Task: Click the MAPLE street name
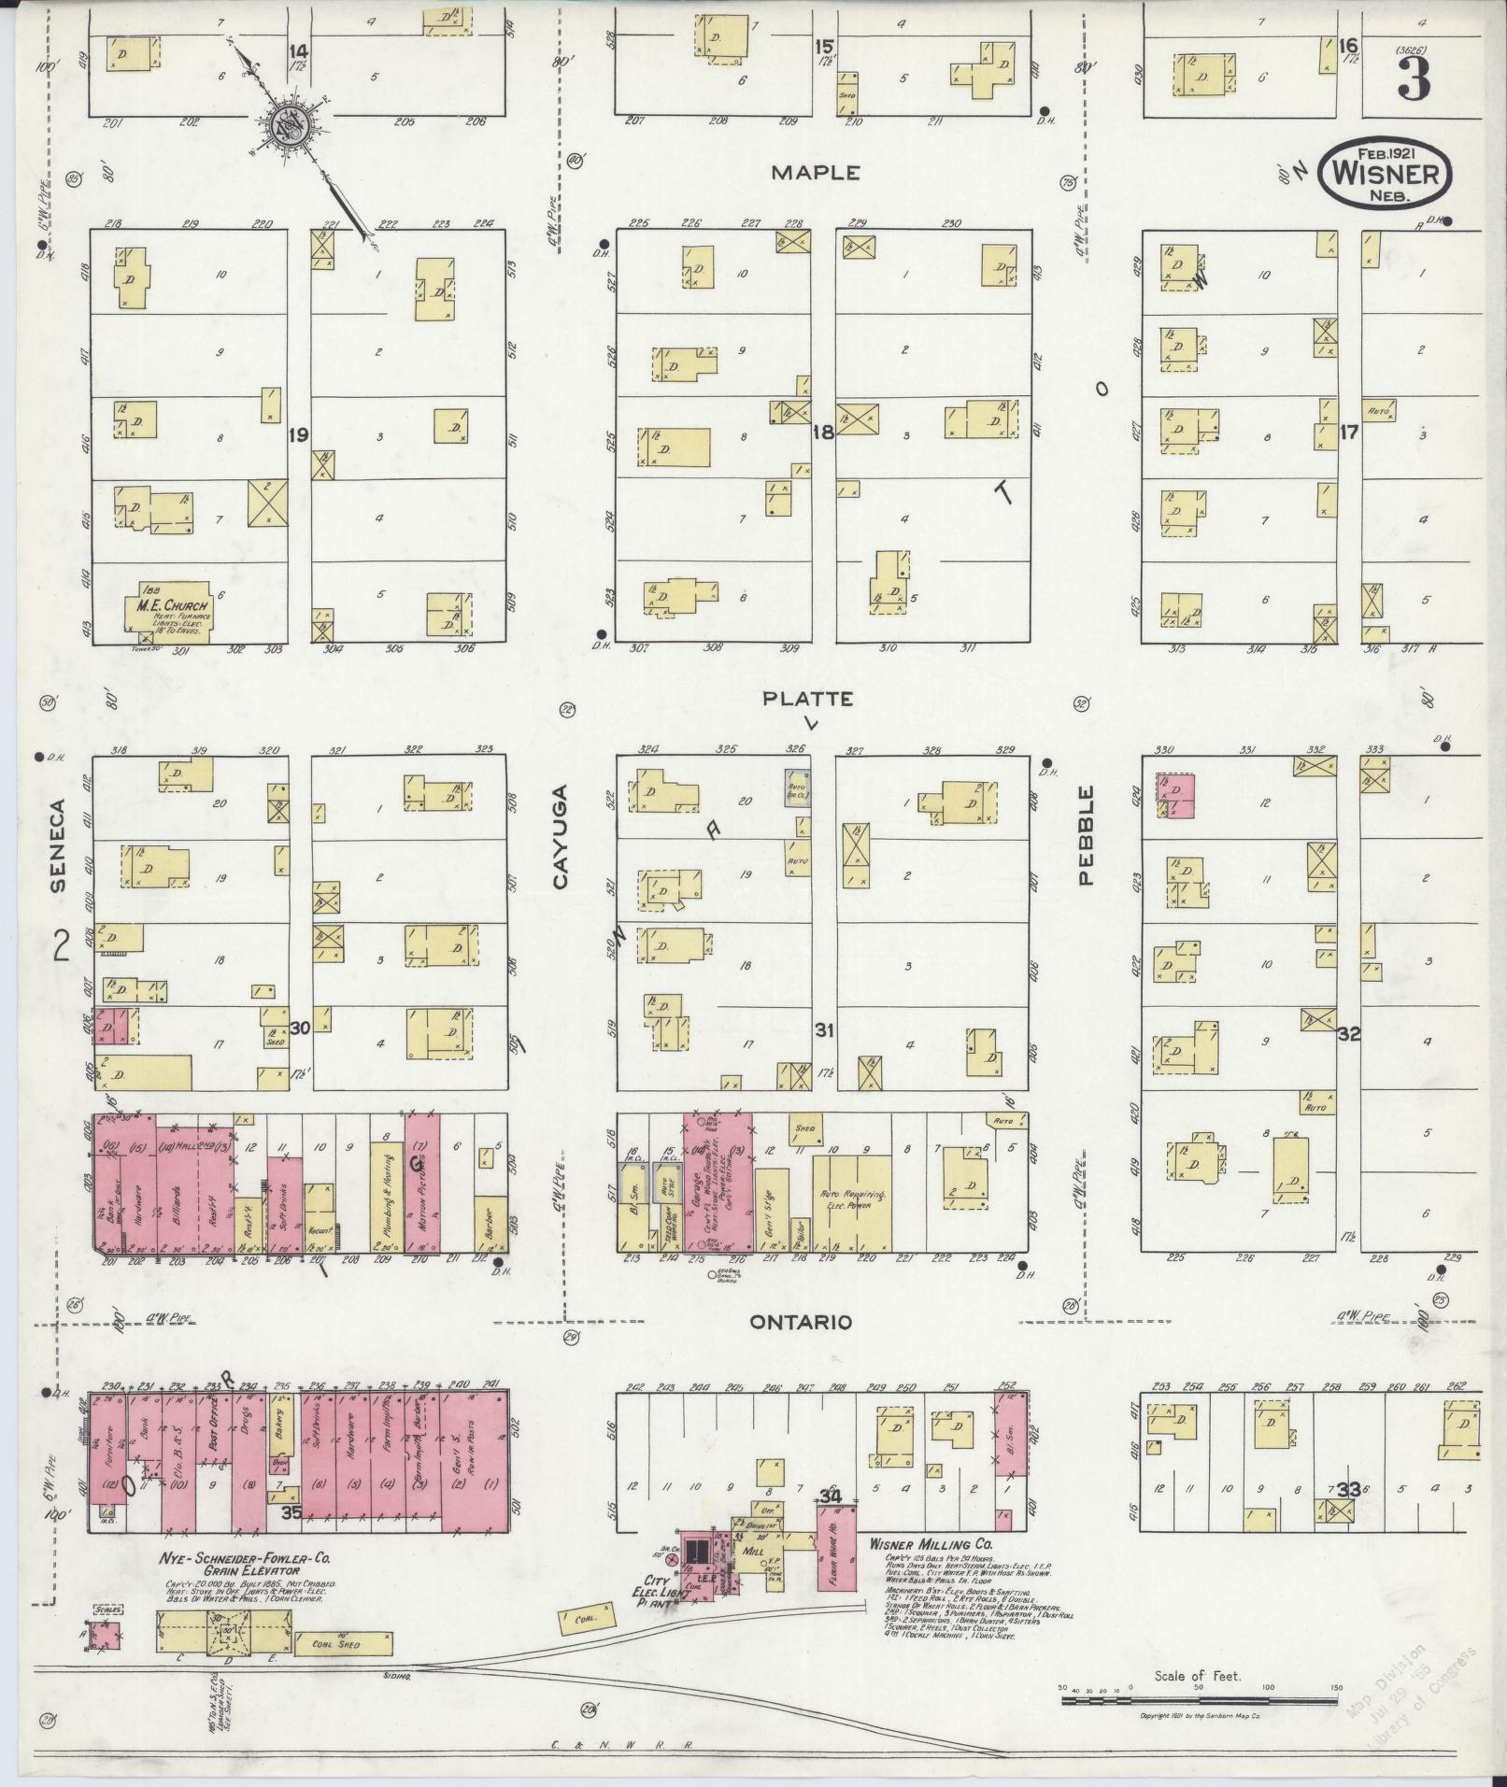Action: (816, 173)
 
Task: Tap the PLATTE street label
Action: (807, 699)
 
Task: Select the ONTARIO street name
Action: (803, 1322)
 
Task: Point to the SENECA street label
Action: (59, 847)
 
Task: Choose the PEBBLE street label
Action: (1085, 835)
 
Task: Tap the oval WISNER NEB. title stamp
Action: (1385, 173)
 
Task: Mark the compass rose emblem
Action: (290, 125)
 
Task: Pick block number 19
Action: (298, 434)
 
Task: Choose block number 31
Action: (823, 1031)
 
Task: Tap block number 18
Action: (822, 433)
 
